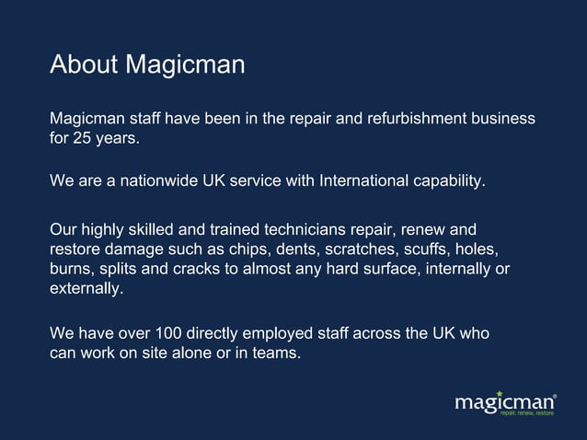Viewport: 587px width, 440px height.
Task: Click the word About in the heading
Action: pyautogui.click(x=83, y=65)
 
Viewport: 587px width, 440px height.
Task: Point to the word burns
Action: pyautogui.click(x=71, y=269)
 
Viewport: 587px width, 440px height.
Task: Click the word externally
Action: pyautogui.click(x=86, y=289)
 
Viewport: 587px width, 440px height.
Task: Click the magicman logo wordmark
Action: pyautogui.click(x=504, y=402)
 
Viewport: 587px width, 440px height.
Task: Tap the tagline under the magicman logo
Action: pyautogui.click(x=527, y=414)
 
